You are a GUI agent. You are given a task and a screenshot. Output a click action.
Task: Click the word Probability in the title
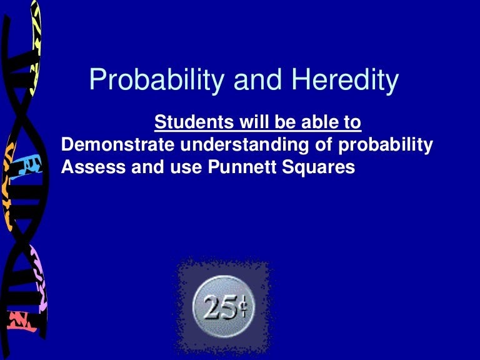[x=157, y=79]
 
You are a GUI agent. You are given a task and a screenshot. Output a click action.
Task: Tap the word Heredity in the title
[x=345, y=79]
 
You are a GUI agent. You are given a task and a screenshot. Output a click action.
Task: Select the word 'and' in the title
[x=257, y=79]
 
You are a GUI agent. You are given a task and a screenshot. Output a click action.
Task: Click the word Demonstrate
[x=118, y=144]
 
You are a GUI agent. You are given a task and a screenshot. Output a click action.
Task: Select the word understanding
[x=244, y=145]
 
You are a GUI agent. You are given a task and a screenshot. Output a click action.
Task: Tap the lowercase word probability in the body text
[x=386, y=145]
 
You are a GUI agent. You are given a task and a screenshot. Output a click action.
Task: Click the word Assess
[x=93, y=167]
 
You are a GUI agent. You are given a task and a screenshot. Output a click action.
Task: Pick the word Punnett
[x=242, y=167]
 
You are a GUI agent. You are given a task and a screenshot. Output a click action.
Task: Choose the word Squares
[x=319, y=167]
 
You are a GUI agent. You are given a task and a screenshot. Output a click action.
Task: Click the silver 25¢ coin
[x=224, y=306]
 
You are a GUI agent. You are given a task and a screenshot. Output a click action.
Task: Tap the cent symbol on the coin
[x=243, y=307]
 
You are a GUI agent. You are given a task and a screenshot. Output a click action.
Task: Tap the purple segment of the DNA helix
[x=38, y=276]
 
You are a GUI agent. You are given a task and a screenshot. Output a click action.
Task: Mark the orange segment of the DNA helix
[x=7, y=184]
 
